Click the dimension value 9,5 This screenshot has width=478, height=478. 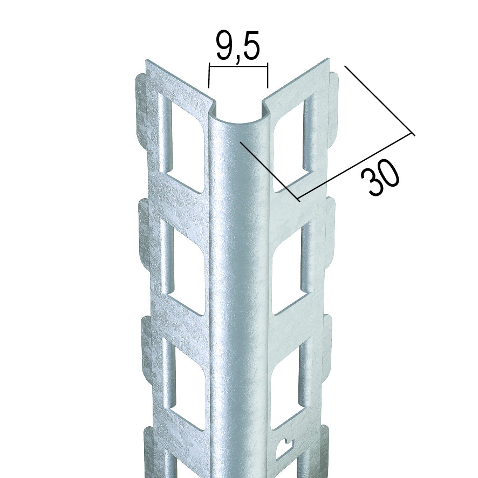point(238,46)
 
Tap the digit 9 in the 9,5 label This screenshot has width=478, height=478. point(224,45)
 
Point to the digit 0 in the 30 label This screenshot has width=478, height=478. point(388,173)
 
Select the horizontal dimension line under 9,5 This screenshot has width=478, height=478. point(238,64)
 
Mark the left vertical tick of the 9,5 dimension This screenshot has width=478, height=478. point(209,76)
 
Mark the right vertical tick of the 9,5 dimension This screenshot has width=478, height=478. point(268,76)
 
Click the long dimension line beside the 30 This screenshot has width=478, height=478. point(355,167)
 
